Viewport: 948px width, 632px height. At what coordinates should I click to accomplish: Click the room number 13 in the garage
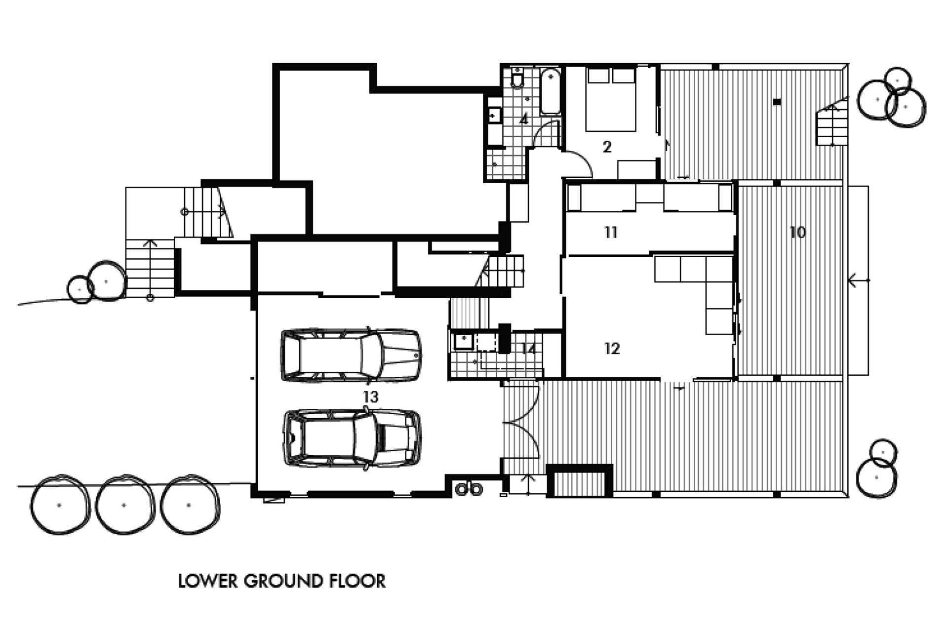370,397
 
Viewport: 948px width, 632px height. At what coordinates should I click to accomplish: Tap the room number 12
612,349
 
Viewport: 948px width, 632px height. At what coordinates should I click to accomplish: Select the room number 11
611,232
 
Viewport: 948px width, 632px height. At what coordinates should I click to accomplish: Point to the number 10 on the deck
797,232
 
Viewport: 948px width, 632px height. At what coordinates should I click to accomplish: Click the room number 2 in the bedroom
607,147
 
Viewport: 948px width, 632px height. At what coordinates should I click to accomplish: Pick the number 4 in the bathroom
524,119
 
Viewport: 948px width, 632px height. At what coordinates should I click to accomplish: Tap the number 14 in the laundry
528,349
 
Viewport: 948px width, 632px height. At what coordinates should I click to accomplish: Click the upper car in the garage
351,355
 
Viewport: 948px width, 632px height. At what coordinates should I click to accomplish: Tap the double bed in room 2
611,100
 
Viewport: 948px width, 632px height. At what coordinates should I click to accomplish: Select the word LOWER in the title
208,581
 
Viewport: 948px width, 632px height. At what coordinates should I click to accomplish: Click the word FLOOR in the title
357,581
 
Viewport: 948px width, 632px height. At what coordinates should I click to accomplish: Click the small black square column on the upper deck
777,102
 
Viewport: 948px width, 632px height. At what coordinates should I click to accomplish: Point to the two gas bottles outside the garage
469,489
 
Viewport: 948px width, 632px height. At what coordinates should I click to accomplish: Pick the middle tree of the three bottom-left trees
124,505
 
